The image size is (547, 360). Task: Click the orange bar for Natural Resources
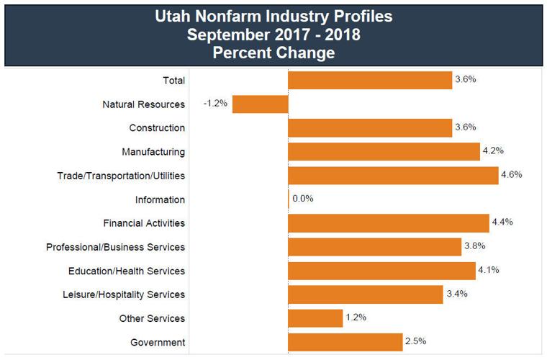point(260,104)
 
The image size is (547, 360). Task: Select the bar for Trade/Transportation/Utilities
point(393,175)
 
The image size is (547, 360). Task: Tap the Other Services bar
point(315,318)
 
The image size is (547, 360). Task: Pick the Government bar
point(345,341)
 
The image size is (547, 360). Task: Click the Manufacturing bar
point(384,151)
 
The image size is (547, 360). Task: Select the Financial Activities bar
point(389,222)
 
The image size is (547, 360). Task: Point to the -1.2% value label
point(215,104)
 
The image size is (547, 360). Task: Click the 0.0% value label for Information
point(303,199)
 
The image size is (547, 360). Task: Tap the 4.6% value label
point(512,174)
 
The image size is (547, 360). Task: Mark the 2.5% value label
point(416,341)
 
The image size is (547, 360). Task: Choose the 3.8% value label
point(475,246)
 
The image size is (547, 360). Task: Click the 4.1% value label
point(488,269)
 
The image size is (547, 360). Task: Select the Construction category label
point(157,128)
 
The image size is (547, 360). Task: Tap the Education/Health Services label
point(127,271)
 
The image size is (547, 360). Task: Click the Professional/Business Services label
point(115,247)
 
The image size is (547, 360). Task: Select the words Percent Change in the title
point(274,52)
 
